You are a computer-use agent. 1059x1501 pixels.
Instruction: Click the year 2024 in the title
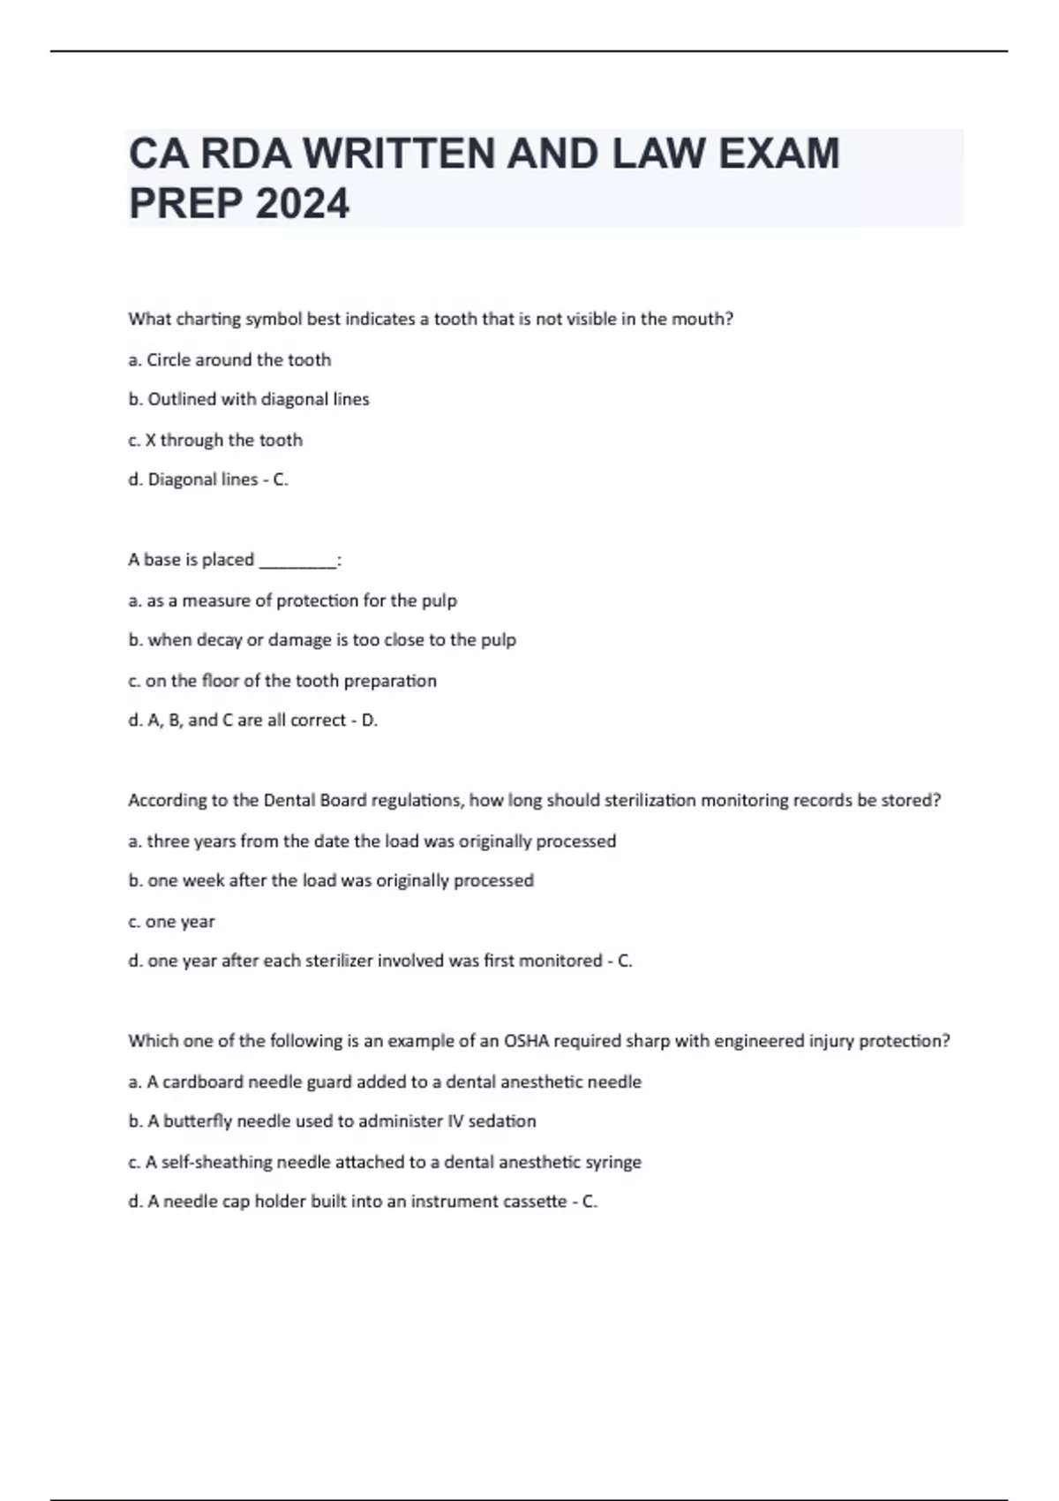pyautogui.click(x=302, y=204)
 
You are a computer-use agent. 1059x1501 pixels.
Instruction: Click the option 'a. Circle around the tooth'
pyautogui.click(x=229, y=360)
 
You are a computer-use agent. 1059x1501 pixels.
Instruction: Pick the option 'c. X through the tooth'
pyautogui.click(x=215, y=440)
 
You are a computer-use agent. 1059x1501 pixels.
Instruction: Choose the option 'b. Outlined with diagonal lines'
pyautogui.click(x=249, y=399)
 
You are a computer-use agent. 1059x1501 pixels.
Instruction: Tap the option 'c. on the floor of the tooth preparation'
pyautogui.click(x=282, y=681)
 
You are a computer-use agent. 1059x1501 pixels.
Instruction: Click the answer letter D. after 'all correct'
pyautogui.click(x=370, y=720)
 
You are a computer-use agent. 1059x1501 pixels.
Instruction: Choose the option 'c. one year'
pyautogui.click(x=171, y=922)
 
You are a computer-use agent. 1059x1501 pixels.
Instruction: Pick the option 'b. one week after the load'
pyautogui.click(x=331, y=880)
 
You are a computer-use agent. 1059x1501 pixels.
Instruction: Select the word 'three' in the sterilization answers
pyautogui.click(x=168, y=841)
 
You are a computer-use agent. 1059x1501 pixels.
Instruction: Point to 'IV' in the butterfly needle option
pyautogui.click(x=454, y=1121)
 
